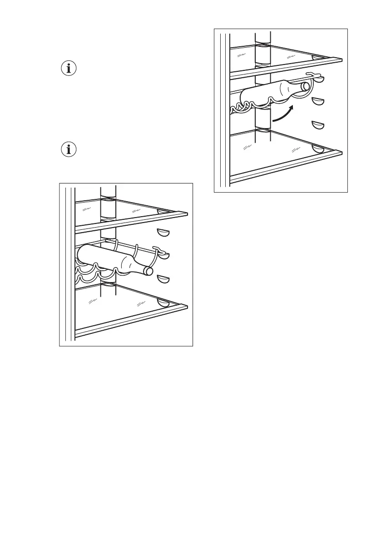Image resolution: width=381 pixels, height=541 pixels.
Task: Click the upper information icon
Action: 69,69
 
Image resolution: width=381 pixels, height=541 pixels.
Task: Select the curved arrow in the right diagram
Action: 284,114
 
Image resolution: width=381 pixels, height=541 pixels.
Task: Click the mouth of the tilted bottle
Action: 307,85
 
